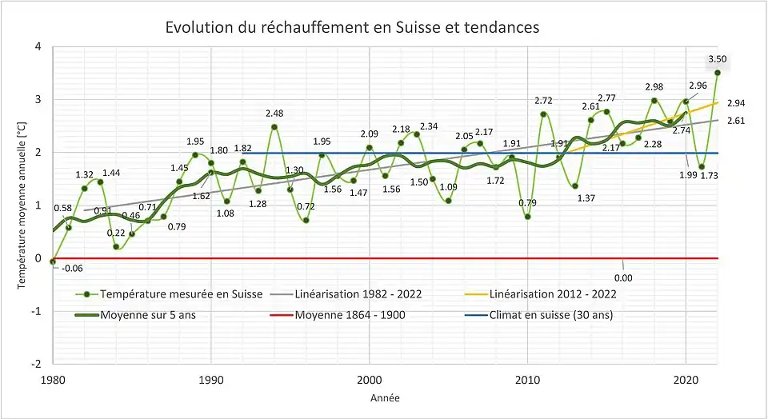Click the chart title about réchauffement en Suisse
(x=352, y=27)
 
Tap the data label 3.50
(x=718, y=59)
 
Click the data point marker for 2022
(x=718, y=73)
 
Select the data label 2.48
(x=274, y=114)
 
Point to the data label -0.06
(x=72, y=269)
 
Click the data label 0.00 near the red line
(x=622, y=277)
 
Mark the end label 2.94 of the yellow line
(x=737, y=103)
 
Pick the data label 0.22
(x=116, y=233)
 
